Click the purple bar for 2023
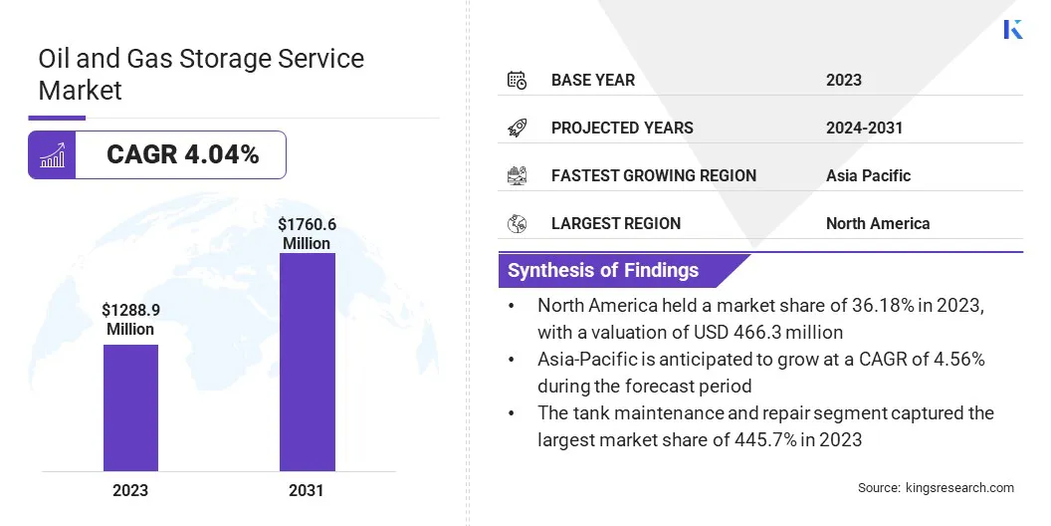pos(130,407)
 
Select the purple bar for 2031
pos(307,362)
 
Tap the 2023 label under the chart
pos(130,490)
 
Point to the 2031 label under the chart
pos(307,490)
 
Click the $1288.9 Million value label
pos(130,320)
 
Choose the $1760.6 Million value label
pos(307,234)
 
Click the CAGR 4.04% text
pos(182,154)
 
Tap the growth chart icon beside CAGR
pos(52,155)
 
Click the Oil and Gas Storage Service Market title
pos(201,74)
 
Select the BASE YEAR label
pos(593,80)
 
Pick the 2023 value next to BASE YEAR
pos(844,80)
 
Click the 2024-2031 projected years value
pos(864,128)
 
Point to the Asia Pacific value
pos(868,175)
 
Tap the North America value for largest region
pos(877,223)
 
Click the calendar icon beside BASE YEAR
pos(517,80)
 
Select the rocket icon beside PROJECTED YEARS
pos(517,128)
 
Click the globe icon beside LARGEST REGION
pos(517,223)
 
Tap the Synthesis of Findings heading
pos(603,270)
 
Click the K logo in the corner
pos(1013,29)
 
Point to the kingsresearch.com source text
pos(936,487)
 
